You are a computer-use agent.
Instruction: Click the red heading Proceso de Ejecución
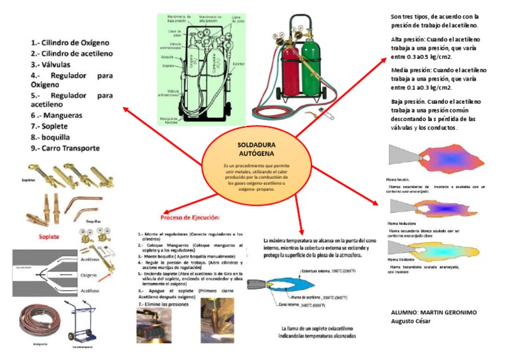191,217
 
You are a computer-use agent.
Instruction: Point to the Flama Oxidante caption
400,261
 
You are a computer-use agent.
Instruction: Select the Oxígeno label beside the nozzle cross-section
89,273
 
